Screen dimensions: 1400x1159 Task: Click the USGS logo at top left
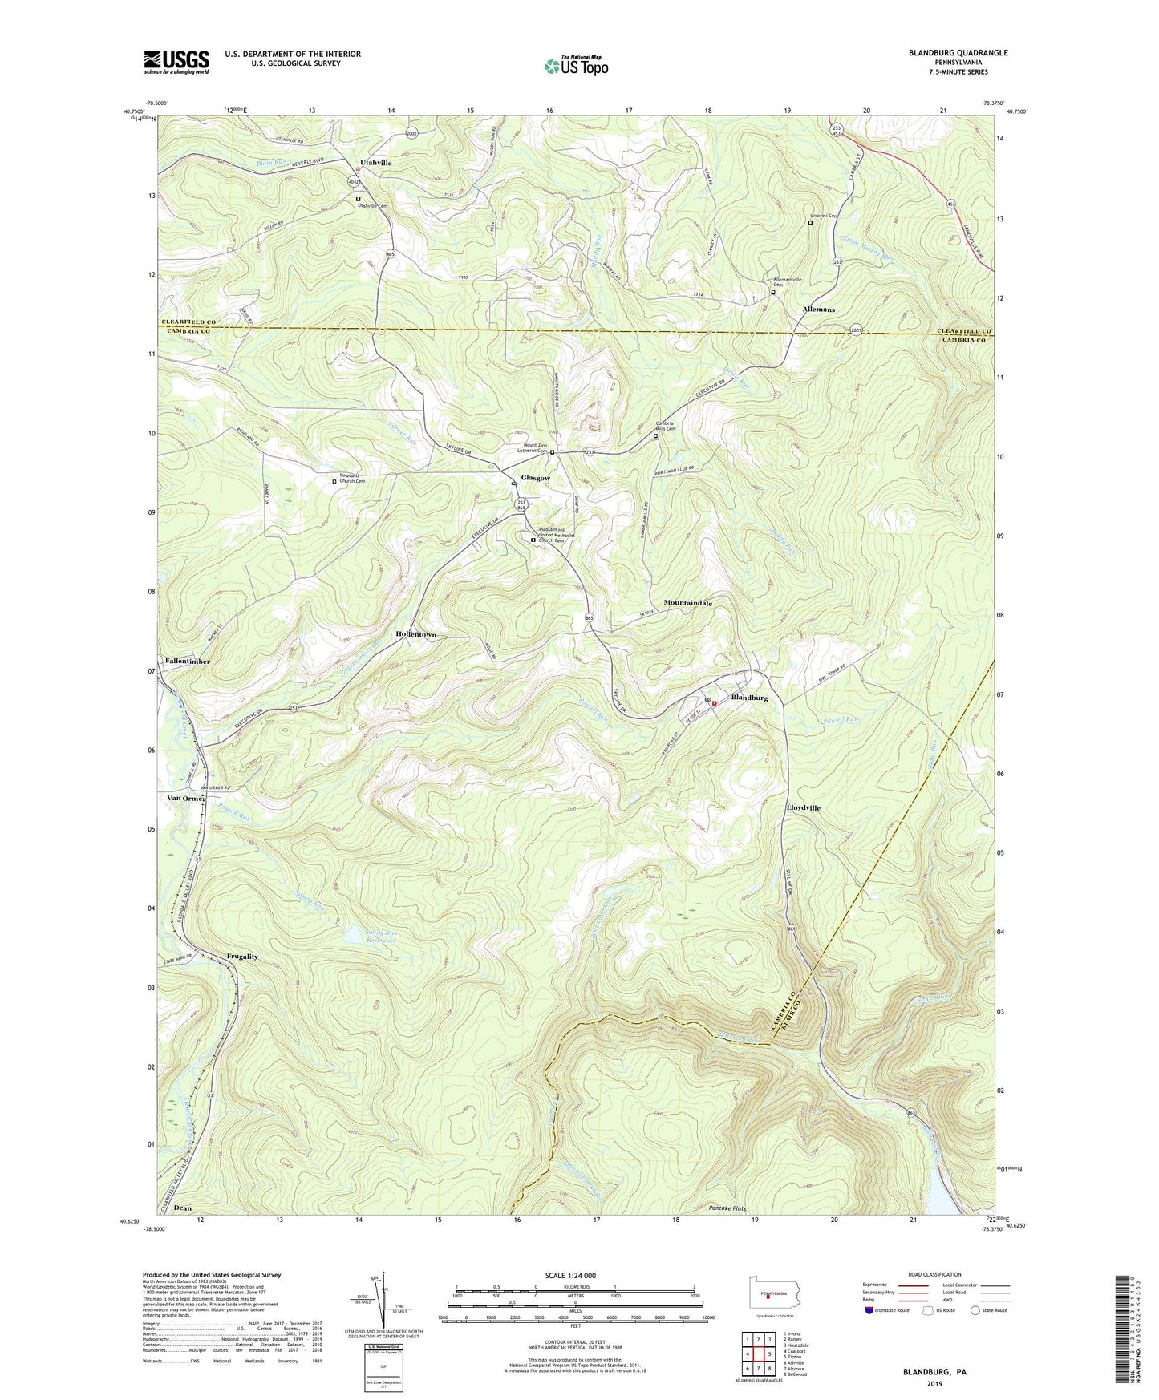pos(176,61)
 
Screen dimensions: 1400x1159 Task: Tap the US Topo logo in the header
pos(573,66)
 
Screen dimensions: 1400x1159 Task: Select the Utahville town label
pos(375,163)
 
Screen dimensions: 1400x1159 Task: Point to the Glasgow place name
pos(536,478)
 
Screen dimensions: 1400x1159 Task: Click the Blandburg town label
pos(749,698)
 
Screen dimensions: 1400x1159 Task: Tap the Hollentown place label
pos(415,634)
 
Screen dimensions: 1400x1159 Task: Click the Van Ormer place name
pos(186,799)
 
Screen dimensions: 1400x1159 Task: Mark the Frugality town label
pos(242,957)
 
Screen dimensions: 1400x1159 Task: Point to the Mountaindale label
pos(687,602)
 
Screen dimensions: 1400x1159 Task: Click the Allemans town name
pos(818,310)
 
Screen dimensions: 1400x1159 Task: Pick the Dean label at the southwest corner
pos(183,1208)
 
